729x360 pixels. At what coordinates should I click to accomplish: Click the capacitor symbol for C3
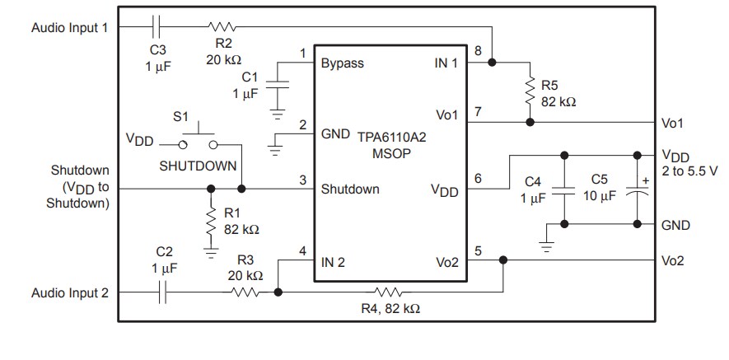click(157, 26)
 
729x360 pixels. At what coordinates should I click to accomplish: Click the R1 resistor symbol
click(211, 221)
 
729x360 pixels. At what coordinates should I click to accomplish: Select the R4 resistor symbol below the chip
click(387, 292)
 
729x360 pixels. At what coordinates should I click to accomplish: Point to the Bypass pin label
click(342, 63)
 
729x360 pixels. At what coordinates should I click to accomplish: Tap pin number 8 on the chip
click(478, 51)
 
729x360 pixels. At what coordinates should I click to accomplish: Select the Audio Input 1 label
click(69, 27)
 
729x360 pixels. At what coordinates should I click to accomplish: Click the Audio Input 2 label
click(69, 292)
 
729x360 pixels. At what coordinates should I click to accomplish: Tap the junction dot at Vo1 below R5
click(529, 122)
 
